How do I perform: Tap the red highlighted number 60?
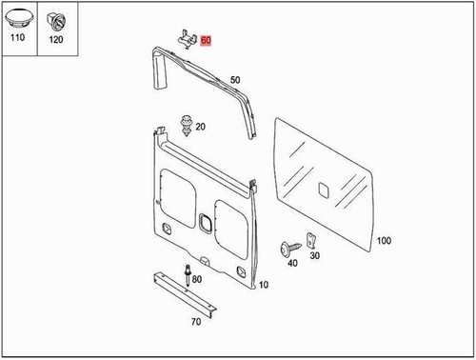[206, 42]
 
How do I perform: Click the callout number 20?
[202, 127]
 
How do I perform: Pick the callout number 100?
[384, 242]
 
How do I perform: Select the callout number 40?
[292, 263]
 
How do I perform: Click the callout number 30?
[315, 255]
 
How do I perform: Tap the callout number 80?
[197, 278]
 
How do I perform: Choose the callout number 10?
[264, 285]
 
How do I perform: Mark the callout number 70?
[196, 322]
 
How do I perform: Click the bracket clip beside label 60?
[187, 38]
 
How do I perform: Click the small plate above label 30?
[309, 238]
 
